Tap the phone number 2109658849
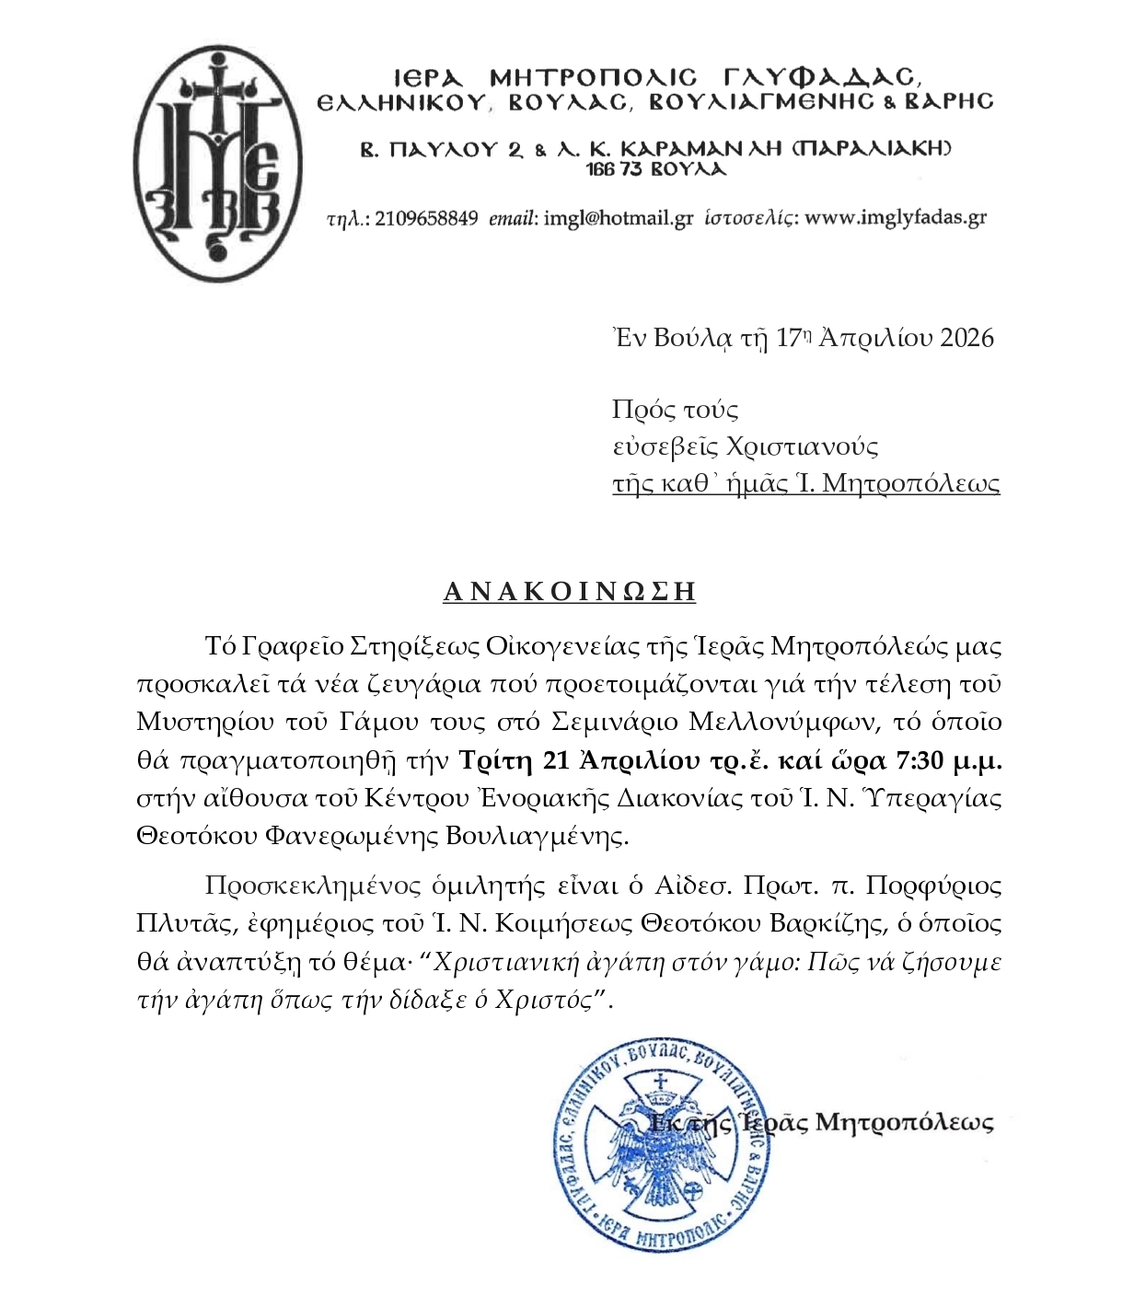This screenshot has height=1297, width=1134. click(426, 218)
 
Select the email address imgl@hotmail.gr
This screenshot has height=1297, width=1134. click(619, 218)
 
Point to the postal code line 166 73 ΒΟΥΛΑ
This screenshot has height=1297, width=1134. click(655, 169)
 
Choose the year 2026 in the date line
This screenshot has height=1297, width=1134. click(966, 338)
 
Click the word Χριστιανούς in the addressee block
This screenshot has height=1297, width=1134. click(802, 446)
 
